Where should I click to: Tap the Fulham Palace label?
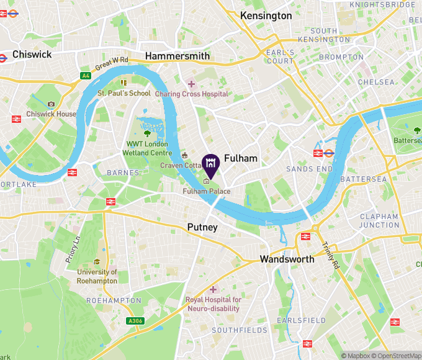tap(207, 191)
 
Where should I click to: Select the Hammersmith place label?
tap(177, 56)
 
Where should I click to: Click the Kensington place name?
tap(266, 16)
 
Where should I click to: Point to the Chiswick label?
tap(32, 55)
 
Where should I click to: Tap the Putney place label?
tap(202, 228)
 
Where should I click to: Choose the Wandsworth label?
tap(287, 259)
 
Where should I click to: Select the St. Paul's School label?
tap(124, 93)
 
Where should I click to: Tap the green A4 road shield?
tap(85, 76)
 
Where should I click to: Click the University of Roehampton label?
tap(97, 276)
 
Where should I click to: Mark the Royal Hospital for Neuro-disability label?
tap(213, 304)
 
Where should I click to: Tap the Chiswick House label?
tap(52, 114)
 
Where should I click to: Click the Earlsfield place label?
tap(301, 320)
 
